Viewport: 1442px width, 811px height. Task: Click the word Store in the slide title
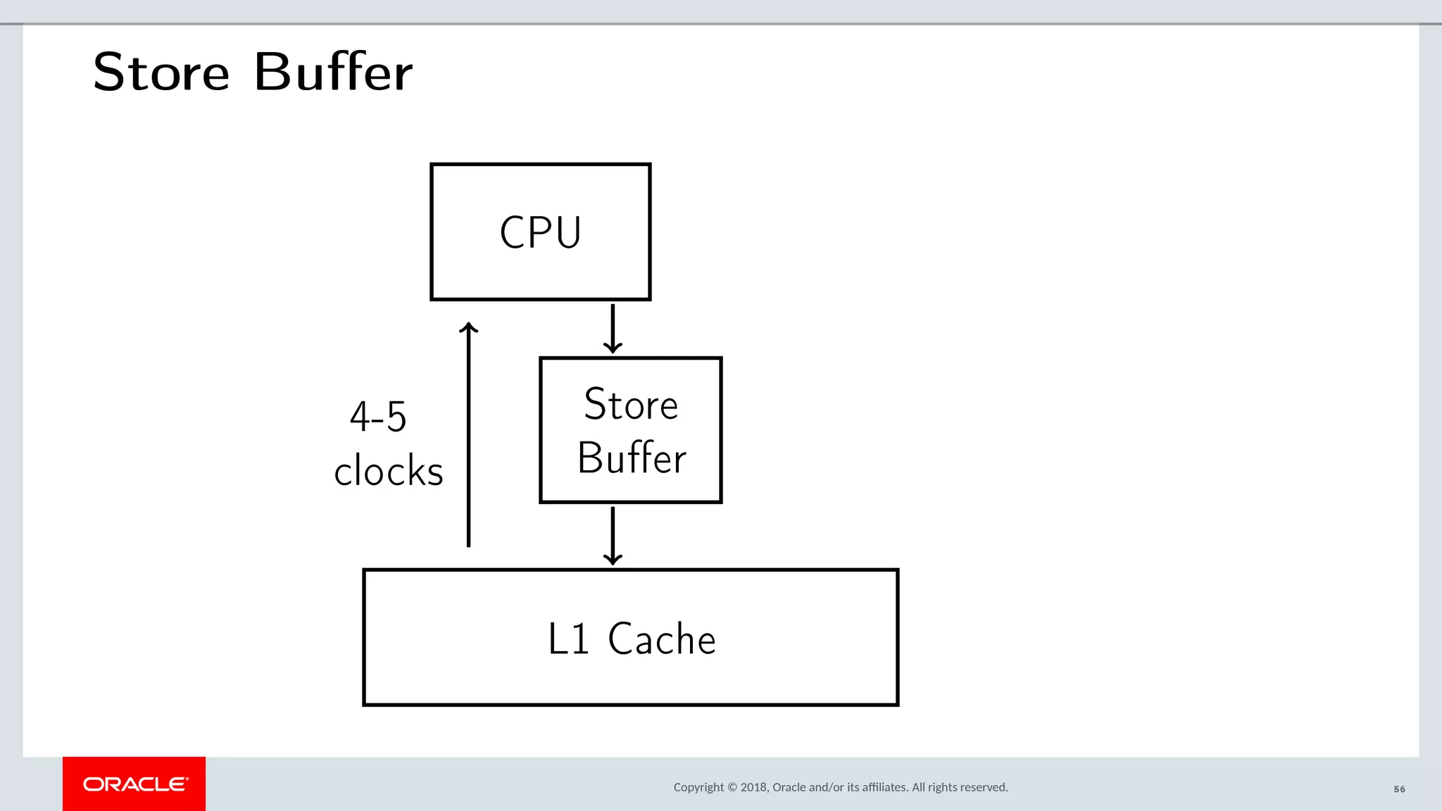pyautogui.click(x=161, y=73)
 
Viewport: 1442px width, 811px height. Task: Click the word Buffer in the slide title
pyautogui.click(x=333, y=73)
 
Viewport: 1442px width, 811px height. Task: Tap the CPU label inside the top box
pyautogui.click(x=540, y=232)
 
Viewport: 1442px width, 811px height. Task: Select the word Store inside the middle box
pyautogui.click(x=631, y=405)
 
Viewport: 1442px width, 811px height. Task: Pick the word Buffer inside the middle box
pyautogui.click(x=632, y=458)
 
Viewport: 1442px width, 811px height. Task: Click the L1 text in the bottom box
pyautogui.click(x=568, y=639)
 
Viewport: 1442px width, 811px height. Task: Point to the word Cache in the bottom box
pyautogui.click(x=661, y=639)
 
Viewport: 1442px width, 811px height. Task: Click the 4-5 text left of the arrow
pyautogui.click(x=378, y=417)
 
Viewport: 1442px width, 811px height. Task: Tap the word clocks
pyautogui.click(x=388, y=471)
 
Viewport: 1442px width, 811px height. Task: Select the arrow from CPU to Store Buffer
pyautogui.click(x=613, y=327)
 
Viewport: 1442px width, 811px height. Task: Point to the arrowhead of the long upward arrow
pyautogui.click(x=469, y=327)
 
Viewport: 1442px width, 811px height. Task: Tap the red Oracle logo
pyautogui.click(x=134, y=784)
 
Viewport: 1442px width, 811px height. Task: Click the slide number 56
pyautogui.click(x=1399, y=789)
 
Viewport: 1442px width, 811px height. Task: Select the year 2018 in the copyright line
pyautogui.click(x=753, y=787)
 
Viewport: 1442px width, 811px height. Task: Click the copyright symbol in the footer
pyautogui.click(x=732, y=787)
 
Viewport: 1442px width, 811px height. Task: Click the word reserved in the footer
pyautogui.click(x=985, y=787)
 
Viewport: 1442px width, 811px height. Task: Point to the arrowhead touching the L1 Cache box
pyautogui.click(x=613, y=560)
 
